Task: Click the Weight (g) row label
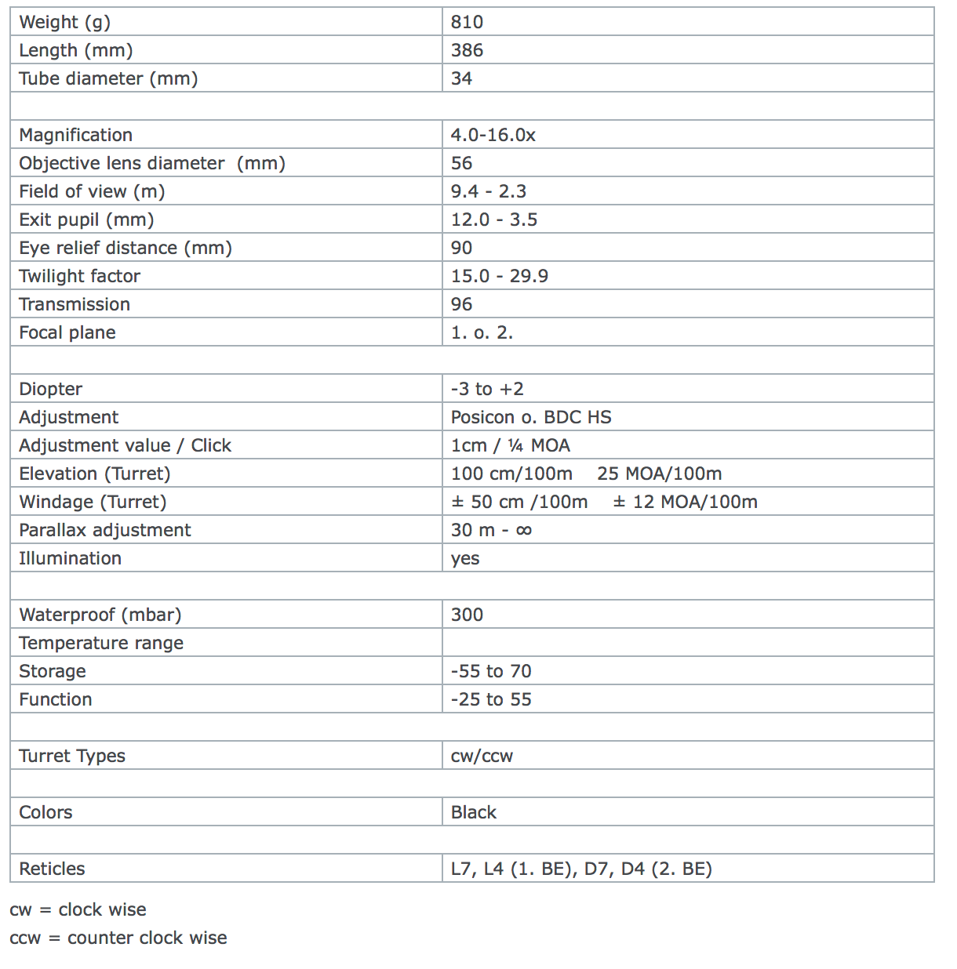tap(64, 23)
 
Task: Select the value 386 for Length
tap(467, 51)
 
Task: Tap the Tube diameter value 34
tap(461, 79)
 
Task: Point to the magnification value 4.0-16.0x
tap(493, 136)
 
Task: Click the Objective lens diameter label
tap(151, 164)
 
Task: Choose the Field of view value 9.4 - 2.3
tap(488, 192)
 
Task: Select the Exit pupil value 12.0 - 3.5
tap(493, 220)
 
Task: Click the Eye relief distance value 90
tap(461, 249)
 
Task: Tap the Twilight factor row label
tap(79, 277)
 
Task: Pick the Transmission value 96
tap(461, 305)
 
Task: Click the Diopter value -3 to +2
tap(486, 390)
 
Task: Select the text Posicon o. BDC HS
tap(530, 418)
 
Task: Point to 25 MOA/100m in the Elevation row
tap(659, 474)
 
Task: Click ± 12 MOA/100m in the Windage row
tap(685, 503)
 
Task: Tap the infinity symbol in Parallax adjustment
tap(524, 531)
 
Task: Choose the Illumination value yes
tap(464, 559)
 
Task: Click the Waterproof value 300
tap(467, 615)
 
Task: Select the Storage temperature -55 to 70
tap(490, 672)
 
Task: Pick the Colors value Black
tap(473, 813)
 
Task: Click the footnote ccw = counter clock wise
tap(118, 938)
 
